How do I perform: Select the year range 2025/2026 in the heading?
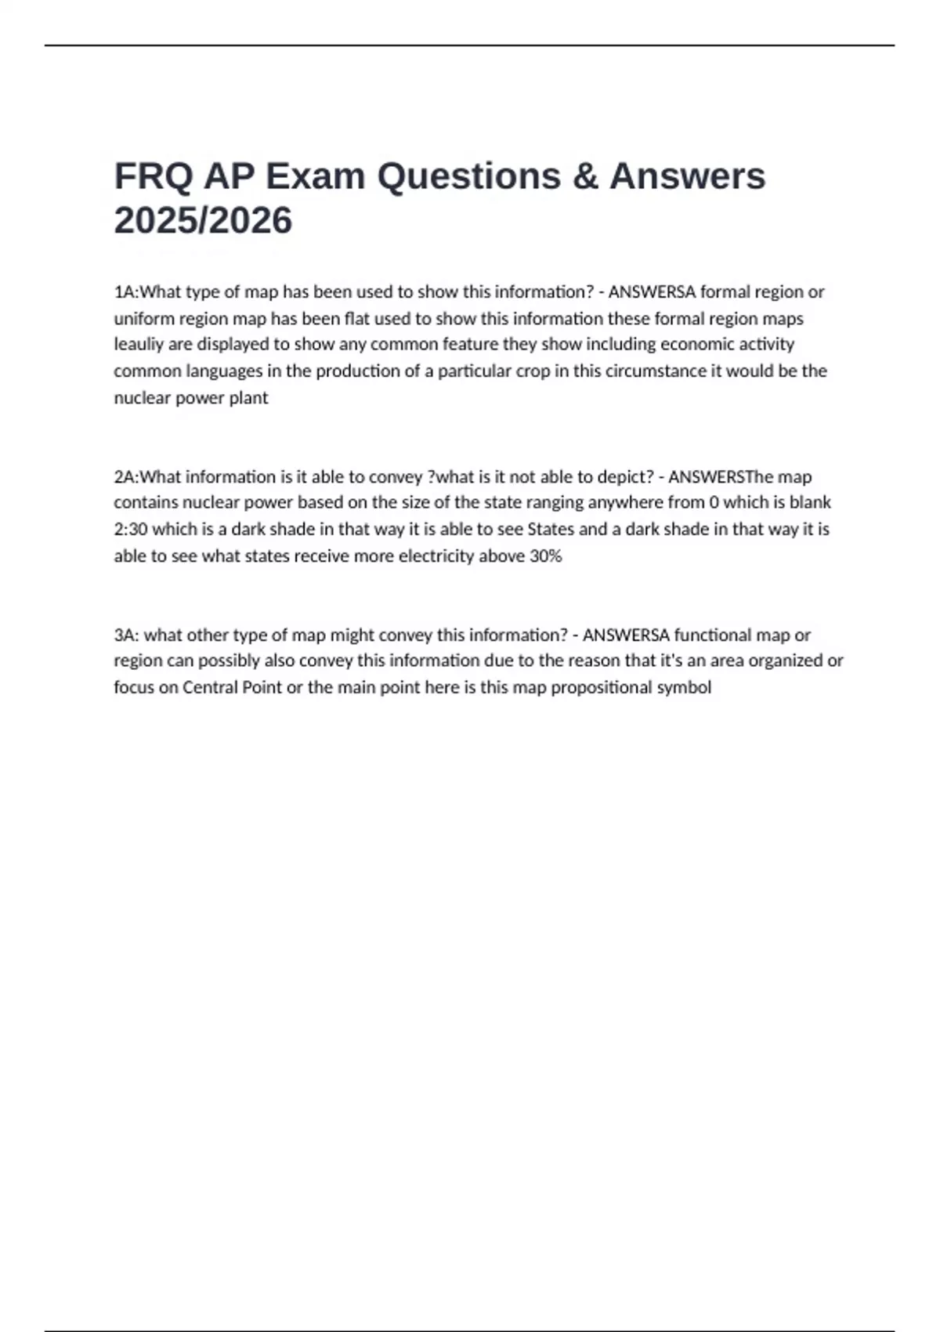[x=203, y=221]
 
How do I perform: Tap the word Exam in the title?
[x=315, y=176]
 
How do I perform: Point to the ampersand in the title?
[x=585, y=176]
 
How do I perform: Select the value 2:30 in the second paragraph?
[x=131, y=530]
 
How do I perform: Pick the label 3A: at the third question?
[x=127, y=635]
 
